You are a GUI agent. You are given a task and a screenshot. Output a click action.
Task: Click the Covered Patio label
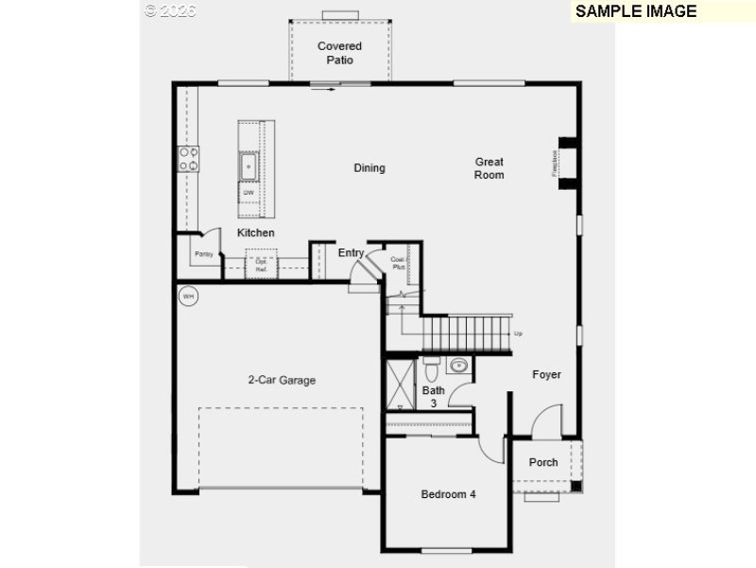339,53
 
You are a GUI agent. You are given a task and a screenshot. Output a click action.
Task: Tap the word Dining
369,168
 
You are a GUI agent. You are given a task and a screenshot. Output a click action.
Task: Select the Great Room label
490,168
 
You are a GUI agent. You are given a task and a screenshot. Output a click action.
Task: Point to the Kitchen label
256,232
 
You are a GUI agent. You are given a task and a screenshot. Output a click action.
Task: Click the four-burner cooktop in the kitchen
188,158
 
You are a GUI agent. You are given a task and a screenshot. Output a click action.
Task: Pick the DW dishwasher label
249,193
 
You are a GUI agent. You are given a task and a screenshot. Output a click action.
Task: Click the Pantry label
203,254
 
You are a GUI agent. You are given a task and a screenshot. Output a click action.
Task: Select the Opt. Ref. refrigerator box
261,265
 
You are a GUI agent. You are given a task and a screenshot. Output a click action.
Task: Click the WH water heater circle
188,297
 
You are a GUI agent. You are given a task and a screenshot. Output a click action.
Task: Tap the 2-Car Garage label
282,380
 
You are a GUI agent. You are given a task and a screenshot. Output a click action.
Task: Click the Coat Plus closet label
399,262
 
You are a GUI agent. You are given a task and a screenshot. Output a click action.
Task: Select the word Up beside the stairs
518,334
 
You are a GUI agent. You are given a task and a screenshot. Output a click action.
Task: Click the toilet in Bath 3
431,364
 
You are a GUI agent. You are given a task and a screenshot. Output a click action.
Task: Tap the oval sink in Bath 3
459,365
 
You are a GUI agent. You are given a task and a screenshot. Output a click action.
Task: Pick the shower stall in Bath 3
401,385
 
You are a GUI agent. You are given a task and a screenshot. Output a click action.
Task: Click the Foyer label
546,374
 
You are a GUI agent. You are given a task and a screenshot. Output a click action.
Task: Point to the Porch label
543,462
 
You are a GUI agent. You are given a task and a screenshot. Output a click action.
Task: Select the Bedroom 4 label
448,494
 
